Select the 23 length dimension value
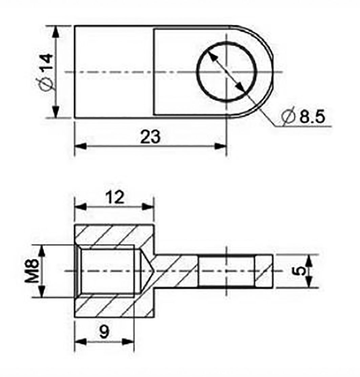(x=149, y=137)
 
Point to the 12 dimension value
(x=114, y=197)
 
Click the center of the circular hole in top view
(x=226, y=72)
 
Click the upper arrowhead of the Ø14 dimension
(x=56, y=31)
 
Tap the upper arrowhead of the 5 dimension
(x=309, y=260)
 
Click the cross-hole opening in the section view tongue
(x=226, y=271)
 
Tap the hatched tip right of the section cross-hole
(x=264, y=271)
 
